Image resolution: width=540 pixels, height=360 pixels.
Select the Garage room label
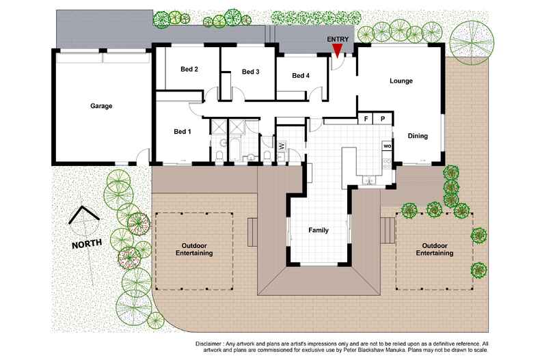point(100,106)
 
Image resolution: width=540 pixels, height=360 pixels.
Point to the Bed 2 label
point(189,69)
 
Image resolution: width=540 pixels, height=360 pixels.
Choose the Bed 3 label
point(250,72)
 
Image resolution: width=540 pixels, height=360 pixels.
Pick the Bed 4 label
point(301,76)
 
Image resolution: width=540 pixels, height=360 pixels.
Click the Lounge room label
point(401,81)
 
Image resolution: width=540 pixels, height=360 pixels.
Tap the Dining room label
point(418,136)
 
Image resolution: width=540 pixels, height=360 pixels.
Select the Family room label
point(318,230)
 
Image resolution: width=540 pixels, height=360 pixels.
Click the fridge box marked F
point(366,120)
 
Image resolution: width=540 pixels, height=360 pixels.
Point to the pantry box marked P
point(383,120)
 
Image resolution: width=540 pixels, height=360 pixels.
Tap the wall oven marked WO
point(386,146)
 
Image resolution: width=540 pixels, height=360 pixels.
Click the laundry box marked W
point(281,145)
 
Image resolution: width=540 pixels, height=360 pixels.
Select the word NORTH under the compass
point(87,243)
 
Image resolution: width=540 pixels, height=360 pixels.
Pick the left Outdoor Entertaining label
point(197,249)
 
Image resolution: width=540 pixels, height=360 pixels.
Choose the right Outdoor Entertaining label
point(435,249)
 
